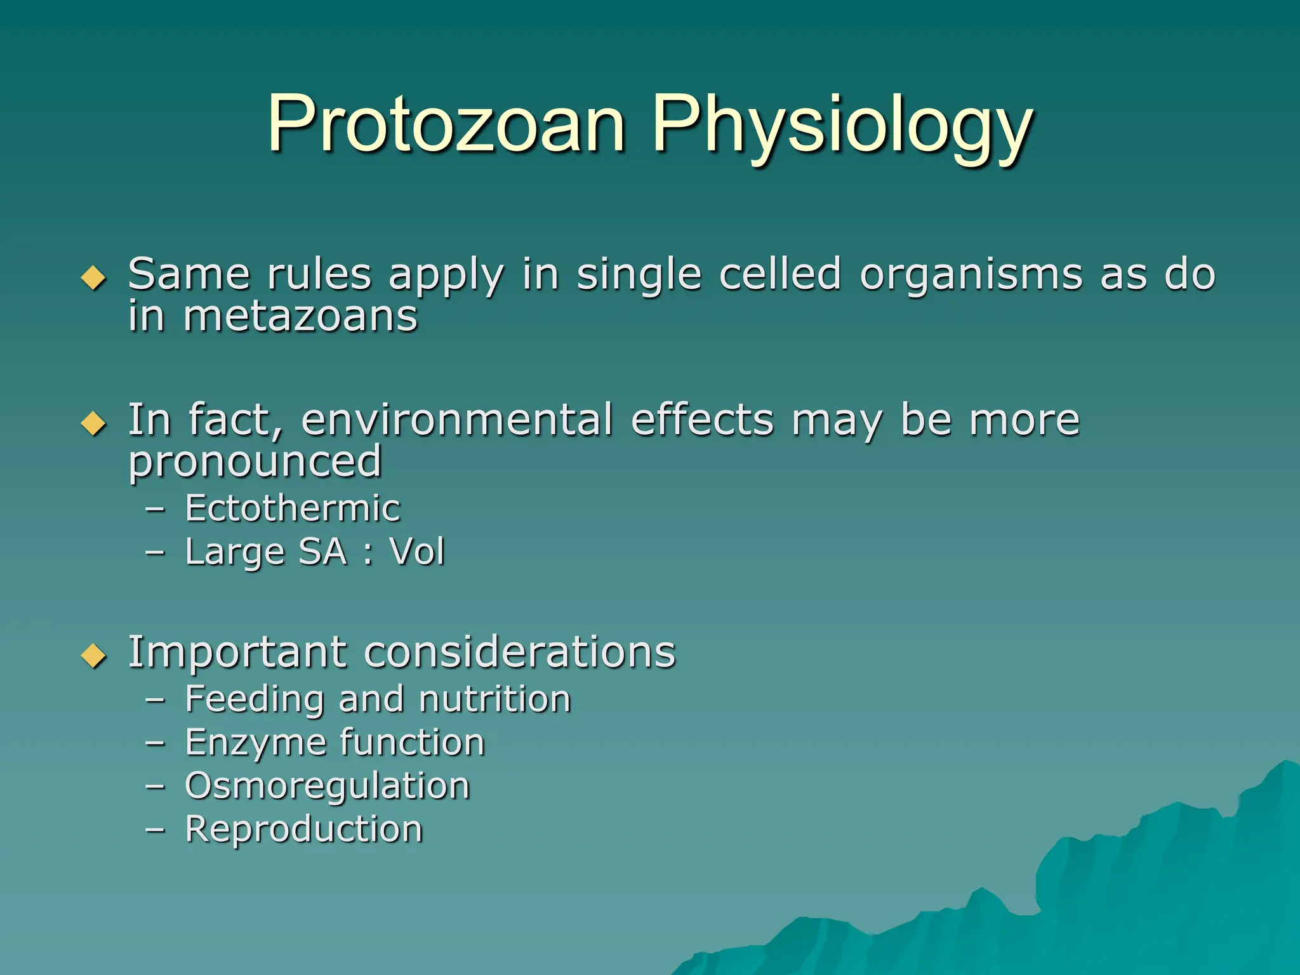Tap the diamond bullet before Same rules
coord(94,277)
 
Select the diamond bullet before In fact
coord(94,423)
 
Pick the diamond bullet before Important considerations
coord(94,656)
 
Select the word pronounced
coord(255,462)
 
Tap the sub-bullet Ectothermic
coord(293,508)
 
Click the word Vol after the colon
coord(417,551)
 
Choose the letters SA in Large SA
coord(322,551)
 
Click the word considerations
coord(520,652)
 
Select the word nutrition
coord(494,699)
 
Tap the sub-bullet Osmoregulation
coord(327,786)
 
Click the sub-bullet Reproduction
coord(303,829)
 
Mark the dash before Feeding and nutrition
coord(155,700)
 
